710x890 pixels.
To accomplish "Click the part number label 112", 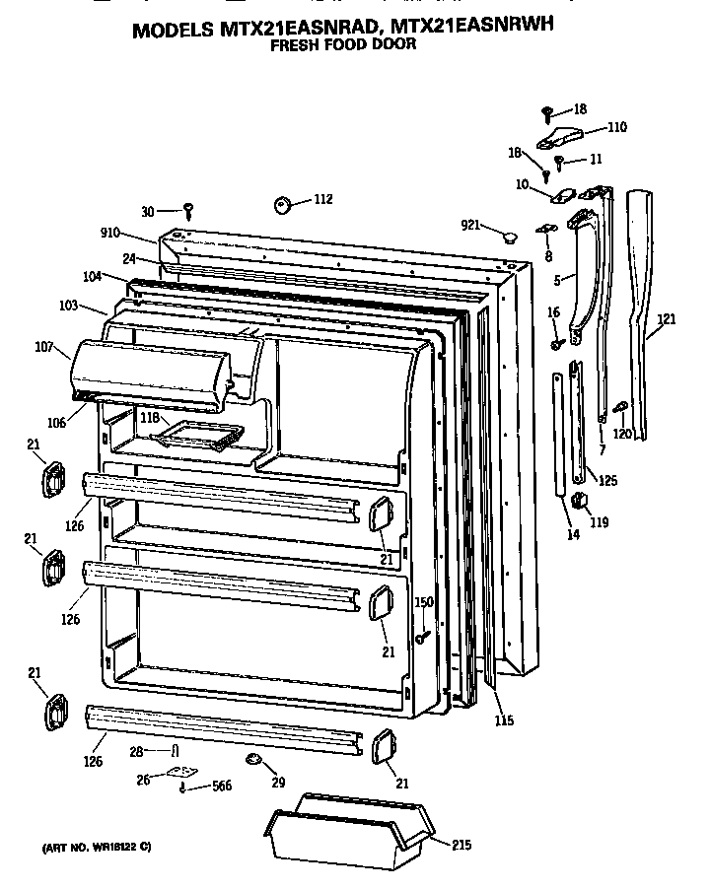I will point(322,199).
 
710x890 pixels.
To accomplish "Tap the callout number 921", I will point(470,226).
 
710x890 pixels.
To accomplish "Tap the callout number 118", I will point(149,418).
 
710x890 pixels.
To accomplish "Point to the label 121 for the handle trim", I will point(667,319).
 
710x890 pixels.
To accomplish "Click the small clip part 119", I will point(580,504).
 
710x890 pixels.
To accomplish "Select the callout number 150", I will point(423,602).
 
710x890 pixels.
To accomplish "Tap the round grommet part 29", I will point(252,759).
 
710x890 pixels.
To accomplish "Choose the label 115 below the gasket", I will point(503,720).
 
